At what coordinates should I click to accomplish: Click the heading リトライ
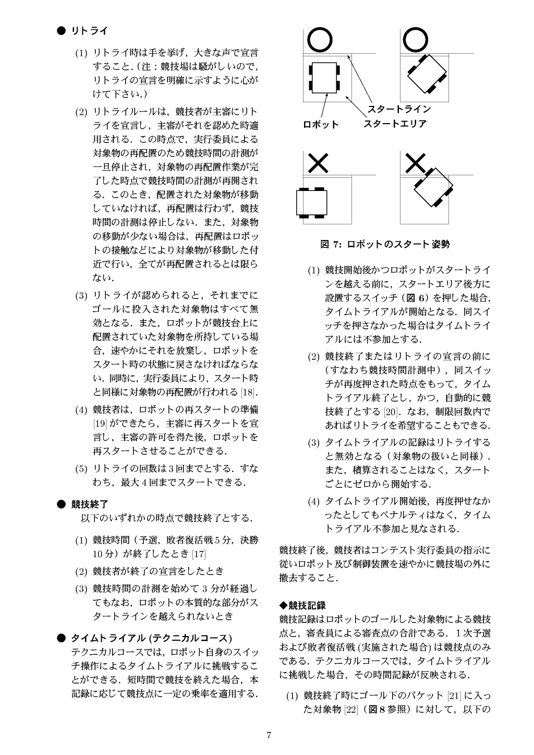tap(90, 31)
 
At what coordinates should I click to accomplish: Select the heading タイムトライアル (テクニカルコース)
tap(151, 638)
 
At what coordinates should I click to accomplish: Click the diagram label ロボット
tap(321, 125)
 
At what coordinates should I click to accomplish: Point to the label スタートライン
tap(399, 110)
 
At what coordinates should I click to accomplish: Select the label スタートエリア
tap(395, 124)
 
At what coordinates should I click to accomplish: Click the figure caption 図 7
tap(385, 244)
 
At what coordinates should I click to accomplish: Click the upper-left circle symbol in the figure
tap(319, 40)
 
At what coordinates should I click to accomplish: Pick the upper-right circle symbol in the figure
tap(416, 40)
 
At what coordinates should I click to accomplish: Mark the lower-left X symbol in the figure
tap(318, 163)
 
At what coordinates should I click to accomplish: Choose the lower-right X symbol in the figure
tap(416, 163)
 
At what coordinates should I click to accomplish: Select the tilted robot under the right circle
tap(427, 74)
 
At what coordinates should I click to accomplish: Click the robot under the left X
tap(311, 202)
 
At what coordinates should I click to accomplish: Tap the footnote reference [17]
tap(199, 554)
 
